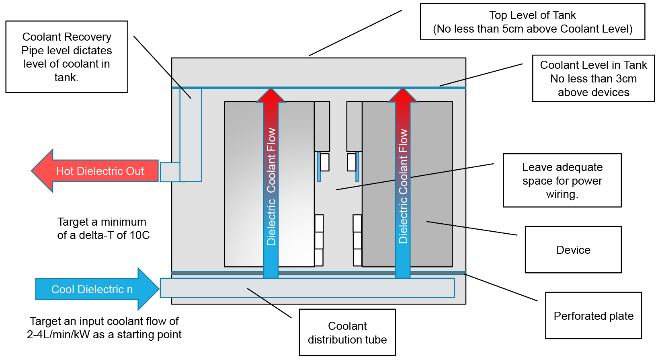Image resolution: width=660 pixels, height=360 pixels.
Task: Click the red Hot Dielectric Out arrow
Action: (x=96, y=171)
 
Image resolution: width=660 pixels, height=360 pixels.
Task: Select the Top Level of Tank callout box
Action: (x=532, y=22)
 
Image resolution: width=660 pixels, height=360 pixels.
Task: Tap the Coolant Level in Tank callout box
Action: (x=593, y=78)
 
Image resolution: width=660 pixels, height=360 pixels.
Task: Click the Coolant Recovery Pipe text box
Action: (x=67, y=57)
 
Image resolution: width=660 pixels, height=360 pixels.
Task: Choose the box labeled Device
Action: (x=573, y=250)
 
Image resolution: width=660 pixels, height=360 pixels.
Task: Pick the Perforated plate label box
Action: (x=593, y=316)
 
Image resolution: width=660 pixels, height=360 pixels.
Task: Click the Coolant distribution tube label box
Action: (x=347, y=332)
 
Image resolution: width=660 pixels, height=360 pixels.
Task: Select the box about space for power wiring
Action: (x=562, y=181)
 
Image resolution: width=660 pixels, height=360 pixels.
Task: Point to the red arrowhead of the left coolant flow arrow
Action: (x=271, y=96)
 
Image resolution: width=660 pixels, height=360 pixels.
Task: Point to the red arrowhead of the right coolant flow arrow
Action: (x=403, y=96)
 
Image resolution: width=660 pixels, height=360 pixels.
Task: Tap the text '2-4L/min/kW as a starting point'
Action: (x=104, y=335)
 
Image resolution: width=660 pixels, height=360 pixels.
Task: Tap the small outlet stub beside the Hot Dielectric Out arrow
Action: (x=170, y=172)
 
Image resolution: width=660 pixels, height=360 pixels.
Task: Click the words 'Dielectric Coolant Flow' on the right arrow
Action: (x=403, y=186)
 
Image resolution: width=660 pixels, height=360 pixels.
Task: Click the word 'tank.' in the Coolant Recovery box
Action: (x=66, y=77)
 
